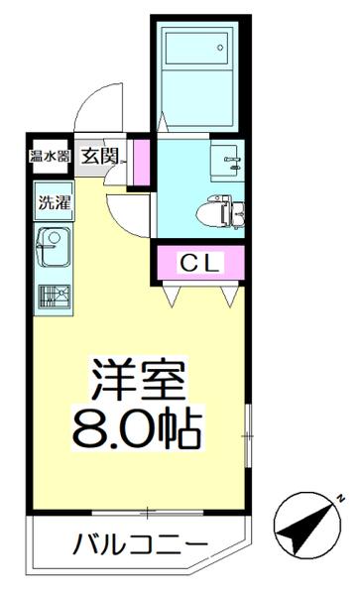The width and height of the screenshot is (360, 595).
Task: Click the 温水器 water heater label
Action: coord(48,155)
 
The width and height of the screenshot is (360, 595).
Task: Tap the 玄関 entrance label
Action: coord(102,156)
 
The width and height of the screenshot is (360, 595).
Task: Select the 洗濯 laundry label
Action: coord(53,204)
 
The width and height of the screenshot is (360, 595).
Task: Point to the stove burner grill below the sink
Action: coord(52,296)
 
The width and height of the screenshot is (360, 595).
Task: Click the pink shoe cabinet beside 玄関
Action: coord(141,162)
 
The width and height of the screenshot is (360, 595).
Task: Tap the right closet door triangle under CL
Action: coord(232,294)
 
